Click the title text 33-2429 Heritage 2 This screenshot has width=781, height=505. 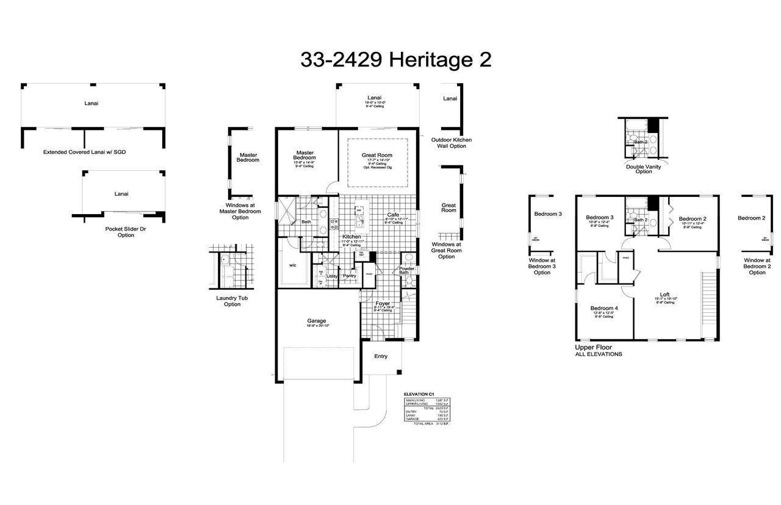pyautogui.click(x=395, y=60)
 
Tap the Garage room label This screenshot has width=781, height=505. pyautogui.click(x=316, y=321)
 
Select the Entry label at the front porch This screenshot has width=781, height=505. pyautogui.click(x=381, y=356)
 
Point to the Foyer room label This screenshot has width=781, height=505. pyautogui.click(x=383, y=303)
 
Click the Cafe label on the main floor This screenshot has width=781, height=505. pyautogui.click(x=393, y=215)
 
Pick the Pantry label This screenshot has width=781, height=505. pyautogui.click(x=350, y=276)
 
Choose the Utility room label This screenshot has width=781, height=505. pyautogui.click(x=332, y=276)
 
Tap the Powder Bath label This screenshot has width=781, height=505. pyautogui.click(x=407, y=270)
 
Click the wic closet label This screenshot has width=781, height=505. pyautogui.click(x=292, y=265)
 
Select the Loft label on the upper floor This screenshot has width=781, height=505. pyautogui.click(x=664, y=295)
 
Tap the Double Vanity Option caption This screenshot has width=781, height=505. pyautogui.click(x=643, y=169)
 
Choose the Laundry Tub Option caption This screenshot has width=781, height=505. pyautogui.click(x=232, y=301)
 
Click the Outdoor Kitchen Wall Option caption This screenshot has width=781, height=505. pyautogui.click(x=451, y=143)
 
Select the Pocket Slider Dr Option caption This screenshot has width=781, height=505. pyautogui.click(x=126, y=232)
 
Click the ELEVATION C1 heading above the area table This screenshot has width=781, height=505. pyautogui.click(x=419, y=395)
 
